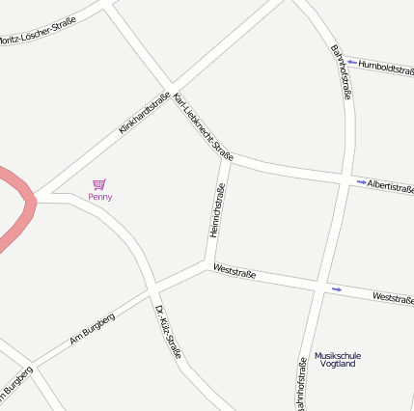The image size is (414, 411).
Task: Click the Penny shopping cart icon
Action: pos(98,183)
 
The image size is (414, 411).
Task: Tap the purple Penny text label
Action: pos(99,197)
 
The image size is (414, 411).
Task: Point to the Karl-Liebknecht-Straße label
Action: pos(204,126)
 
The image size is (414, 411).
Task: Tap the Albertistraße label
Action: pos(390,184)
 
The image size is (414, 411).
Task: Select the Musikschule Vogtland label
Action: pos(338,359)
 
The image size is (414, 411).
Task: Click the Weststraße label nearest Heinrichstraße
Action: pos(235,270)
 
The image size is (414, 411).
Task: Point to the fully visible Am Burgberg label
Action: pos(93,328)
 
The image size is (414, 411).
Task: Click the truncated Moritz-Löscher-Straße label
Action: pos(38,39)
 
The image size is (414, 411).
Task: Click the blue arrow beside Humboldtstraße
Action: pos(352,64)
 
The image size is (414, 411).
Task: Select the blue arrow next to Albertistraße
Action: pos(361,182)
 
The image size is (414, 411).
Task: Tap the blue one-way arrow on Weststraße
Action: pos(337,288)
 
